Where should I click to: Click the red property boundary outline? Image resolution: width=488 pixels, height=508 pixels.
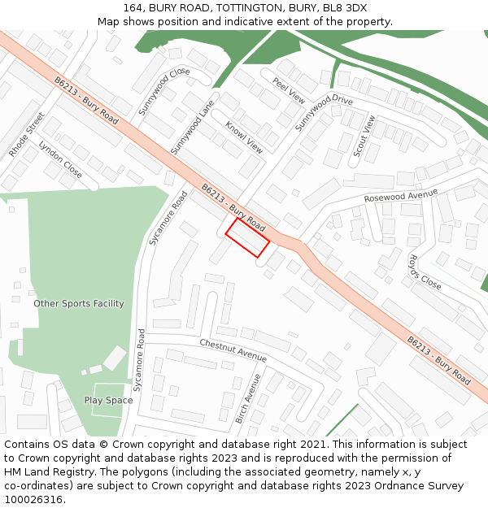tap(247, 237)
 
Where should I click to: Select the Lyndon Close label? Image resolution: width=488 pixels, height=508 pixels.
tap(60, 160)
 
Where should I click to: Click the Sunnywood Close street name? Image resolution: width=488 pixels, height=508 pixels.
tap(163, 90)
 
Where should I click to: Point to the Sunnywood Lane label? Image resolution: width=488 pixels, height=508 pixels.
tap(191, 127)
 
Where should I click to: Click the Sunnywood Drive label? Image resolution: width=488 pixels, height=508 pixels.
tap(324, 112)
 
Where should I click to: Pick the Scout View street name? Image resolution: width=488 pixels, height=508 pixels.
tap(364, 136)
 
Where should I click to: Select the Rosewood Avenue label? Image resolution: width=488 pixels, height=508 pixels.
tap(401, 196)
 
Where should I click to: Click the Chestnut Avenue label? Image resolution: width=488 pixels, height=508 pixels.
tap(233, 351)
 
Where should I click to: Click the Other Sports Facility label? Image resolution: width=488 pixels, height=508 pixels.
tap(79, 304)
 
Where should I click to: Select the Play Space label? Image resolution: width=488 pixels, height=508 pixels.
tap(108, 401)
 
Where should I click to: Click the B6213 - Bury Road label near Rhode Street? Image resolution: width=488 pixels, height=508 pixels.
tap(86, 101)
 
